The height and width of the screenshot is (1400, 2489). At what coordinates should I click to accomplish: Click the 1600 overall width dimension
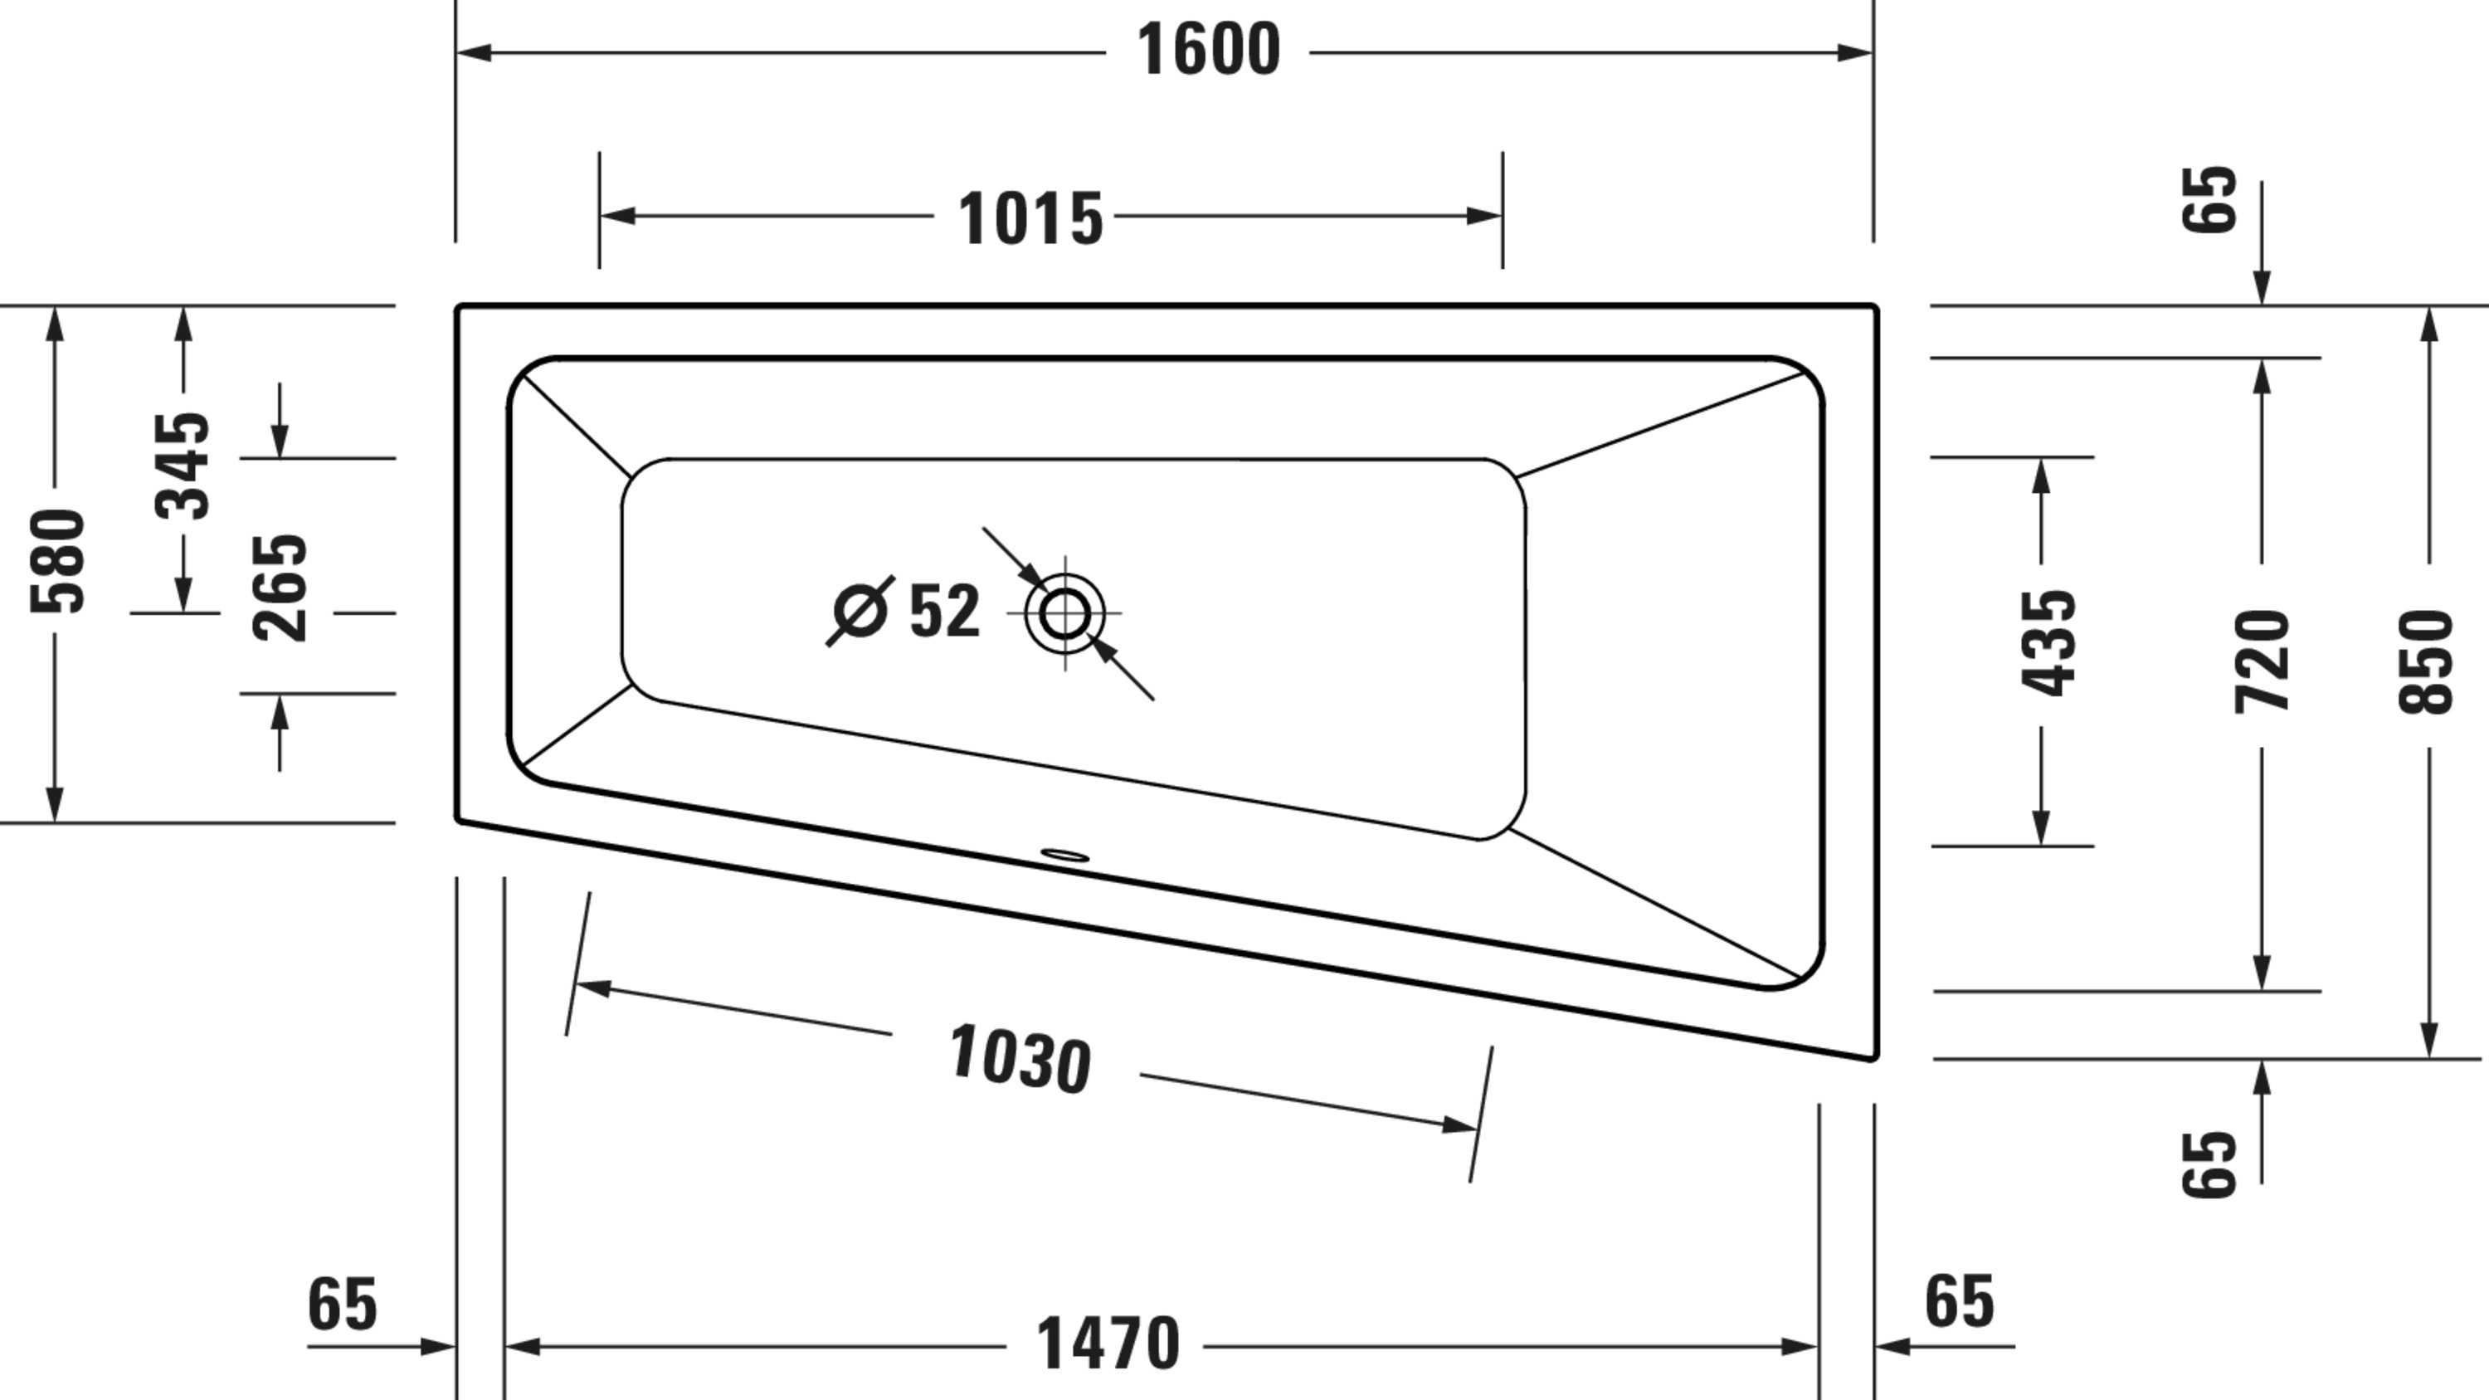(1209, 51)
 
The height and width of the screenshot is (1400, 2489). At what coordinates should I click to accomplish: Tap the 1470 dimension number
(1108, 1344)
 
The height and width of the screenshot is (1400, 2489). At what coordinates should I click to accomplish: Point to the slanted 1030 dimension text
(1020, 1059)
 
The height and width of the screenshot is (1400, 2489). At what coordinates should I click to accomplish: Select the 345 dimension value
(183, 466)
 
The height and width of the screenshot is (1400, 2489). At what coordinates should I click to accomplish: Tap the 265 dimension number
(280, 588)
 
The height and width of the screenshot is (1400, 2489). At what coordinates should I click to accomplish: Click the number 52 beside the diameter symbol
(945, 611)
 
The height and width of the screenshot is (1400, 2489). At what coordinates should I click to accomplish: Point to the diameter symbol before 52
(860, 611)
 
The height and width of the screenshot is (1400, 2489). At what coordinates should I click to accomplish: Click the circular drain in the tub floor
(1064, 612)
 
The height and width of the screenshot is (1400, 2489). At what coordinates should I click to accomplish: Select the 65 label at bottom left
(342, 1304)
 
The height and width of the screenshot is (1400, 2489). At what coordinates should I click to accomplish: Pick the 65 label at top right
(2209, 199)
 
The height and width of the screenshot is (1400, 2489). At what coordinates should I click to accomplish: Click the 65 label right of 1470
(1960, 1300)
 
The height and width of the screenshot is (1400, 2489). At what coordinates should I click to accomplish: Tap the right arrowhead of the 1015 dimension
(1484, 216)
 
